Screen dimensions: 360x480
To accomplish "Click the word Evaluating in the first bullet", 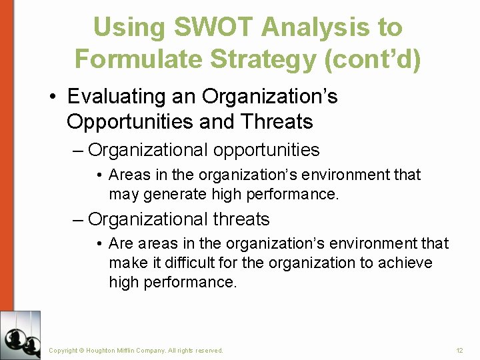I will [117, 97].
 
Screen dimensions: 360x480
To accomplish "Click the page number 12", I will [459, 350].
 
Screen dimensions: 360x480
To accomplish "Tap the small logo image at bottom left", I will [21, 335].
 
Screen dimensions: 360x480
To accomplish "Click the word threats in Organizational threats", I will [241, 219].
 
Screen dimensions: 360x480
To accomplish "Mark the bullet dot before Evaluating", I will [53, 97].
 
